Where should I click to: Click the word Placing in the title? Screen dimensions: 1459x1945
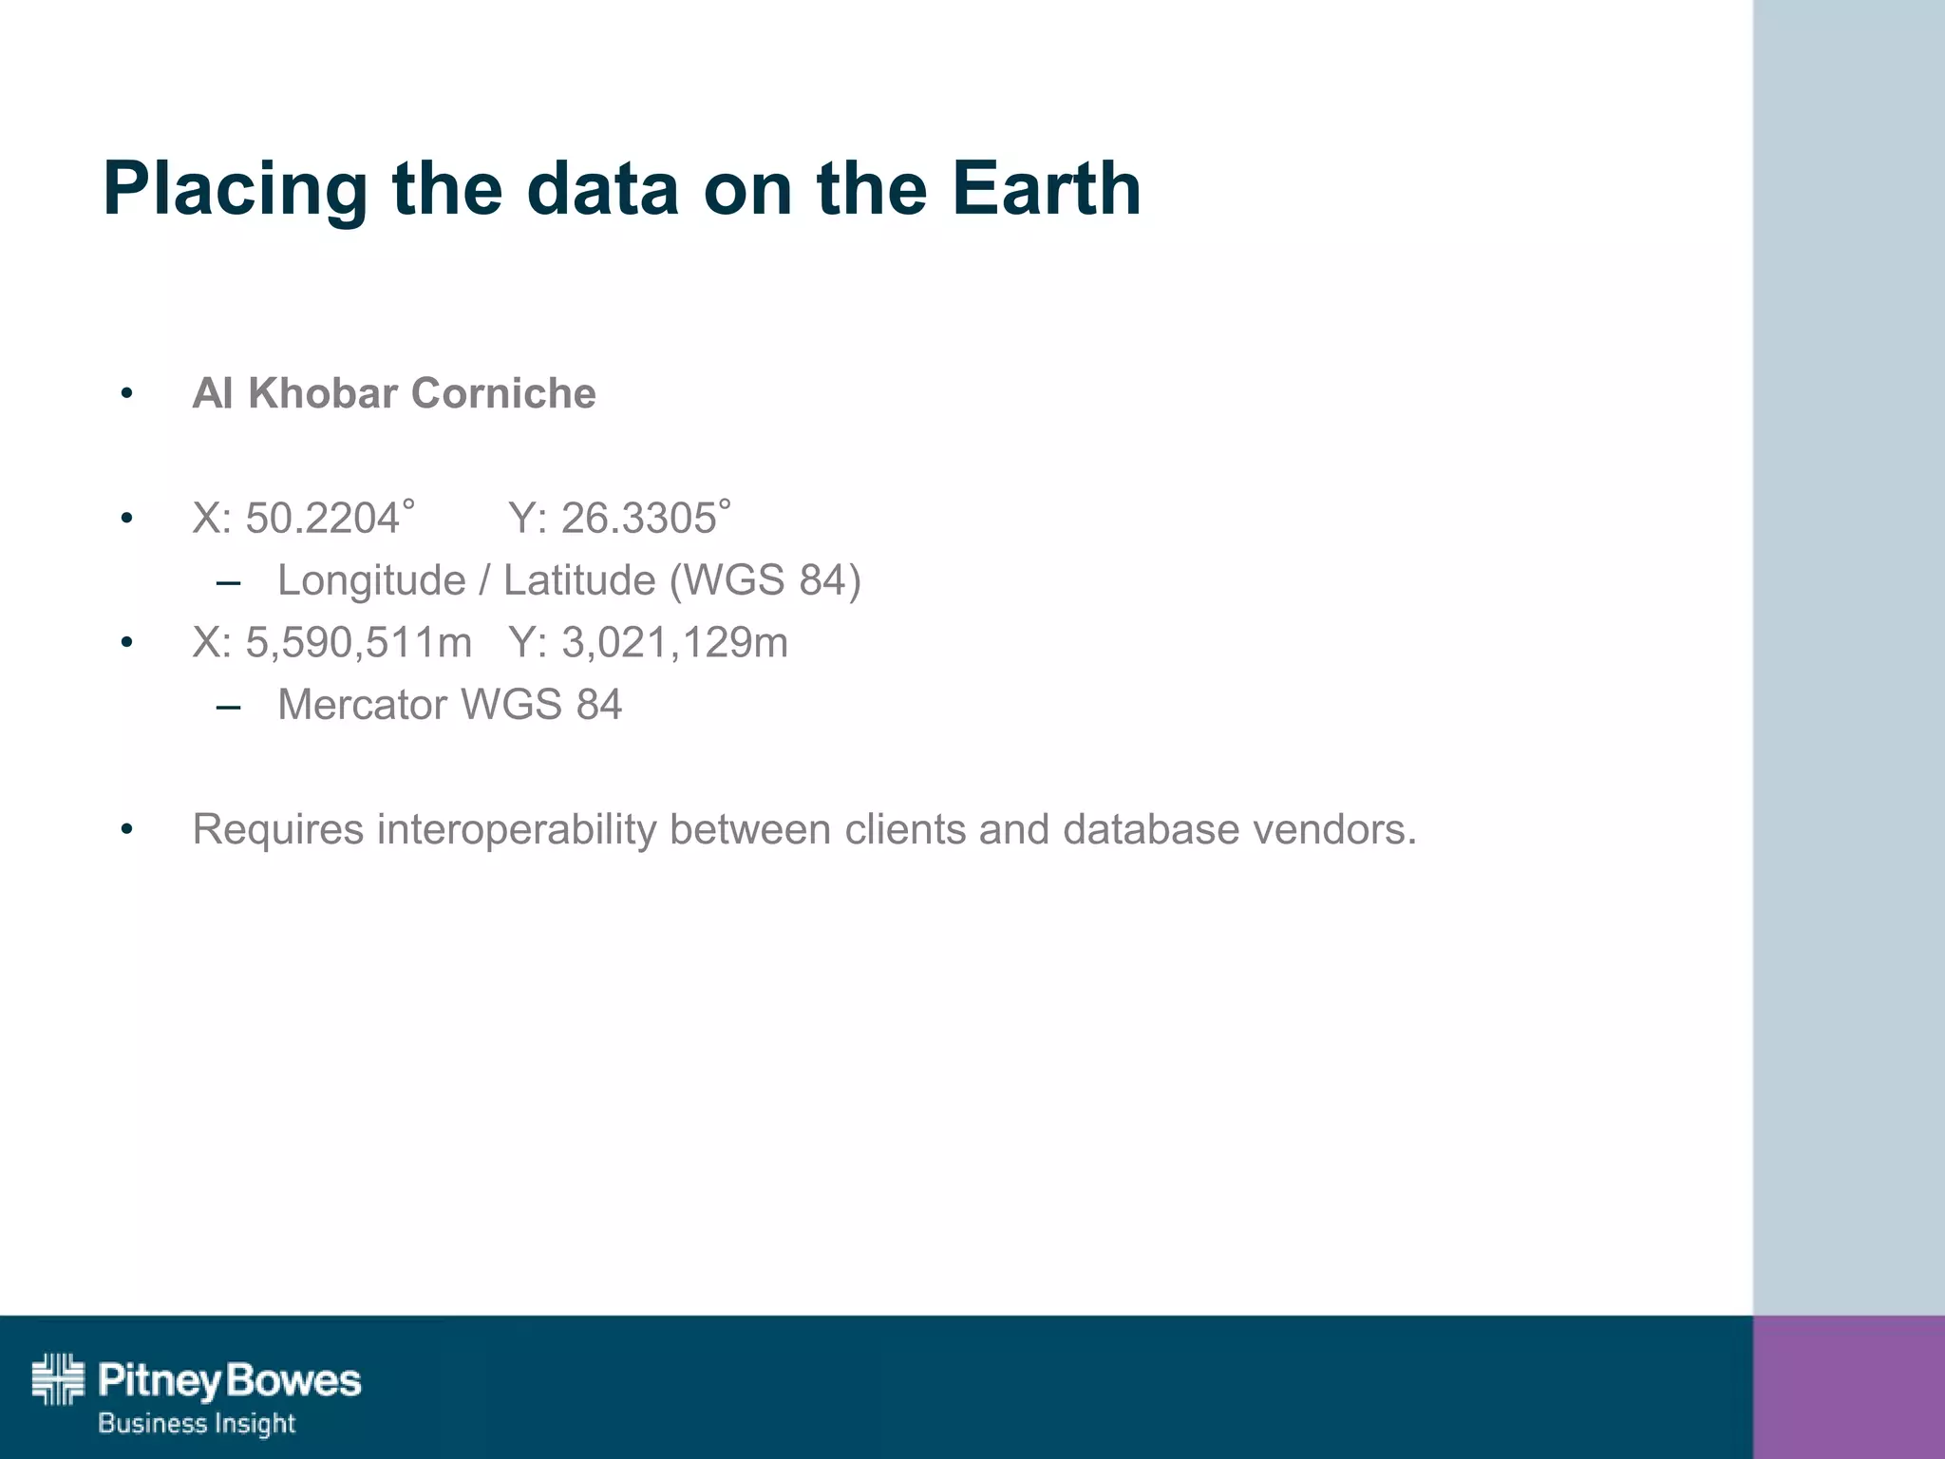(x=235, y=190)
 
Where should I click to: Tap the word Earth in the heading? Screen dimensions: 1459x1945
(x=1046, y=188)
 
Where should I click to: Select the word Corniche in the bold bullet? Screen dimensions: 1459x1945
(x=503, y=393)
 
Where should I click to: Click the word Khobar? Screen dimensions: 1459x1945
(x=323, y=393)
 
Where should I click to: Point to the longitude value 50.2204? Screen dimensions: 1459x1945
(x=322, y=519)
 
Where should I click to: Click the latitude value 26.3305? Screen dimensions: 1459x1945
(x=638, y=519)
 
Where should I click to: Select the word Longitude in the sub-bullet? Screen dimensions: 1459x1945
(x=371, y=580)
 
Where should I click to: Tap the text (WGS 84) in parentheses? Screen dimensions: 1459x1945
(x=765, y=580)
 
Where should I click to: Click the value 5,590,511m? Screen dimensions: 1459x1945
(x=358, y=643)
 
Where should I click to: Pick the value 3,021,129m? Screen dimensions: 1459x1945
(x=674, y=643)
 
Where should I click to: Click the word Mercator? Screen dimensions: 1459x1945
(x=363, y=705)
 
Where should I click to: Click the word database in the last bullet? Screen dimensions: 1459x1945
(x=1151, y=829)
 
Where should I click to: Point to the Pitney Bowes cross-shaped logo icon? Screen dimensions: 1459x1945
(x=58, y=1378)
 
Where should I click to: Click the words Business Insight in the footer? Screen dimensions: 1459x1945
(x=197, y=1423)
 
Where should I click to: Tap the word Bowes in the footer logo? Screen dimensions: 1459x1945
(x=294, y=1380)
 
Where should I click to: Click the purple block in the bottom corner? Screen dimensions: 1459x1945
(x=1848, y=1387)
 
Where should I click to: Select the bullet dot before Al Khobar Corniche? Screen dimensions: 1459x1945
(x=127, y=393)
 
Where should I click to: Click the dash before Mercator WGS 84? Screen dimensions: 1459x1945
(x=228, y=706)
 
